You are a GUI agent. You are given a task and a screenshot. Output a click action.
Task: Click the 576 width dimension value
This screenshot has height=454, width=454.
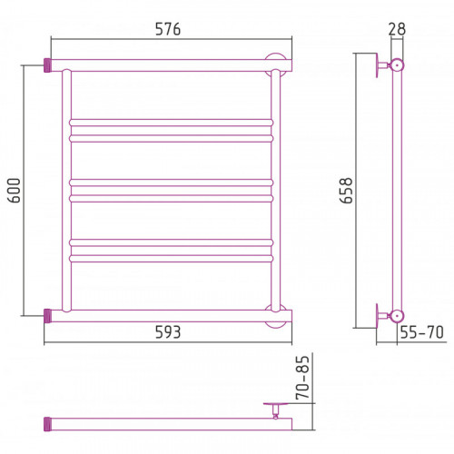point(168,29)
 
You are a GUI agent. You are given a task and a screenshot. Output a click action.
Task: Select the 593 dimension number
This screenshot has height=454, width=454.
point(168,332)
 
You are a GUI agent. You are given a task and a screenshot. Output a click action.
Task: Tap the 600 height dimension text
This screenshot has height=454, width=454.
point(15,191)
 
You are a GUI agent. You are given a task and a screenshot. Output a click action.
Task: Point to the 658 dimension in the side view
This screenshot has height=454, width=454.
point(346,191)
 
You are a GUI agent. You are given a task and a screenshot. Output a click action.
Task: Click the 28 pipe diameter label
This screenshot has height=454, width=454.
point(397,29)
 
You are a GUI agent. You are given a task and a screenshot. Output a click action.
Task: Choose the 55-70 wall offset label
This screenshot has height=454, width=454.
point(421,332)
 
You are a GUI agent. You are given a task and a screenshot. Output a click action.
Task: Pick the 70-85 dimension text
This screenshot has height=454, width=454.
point(303,377)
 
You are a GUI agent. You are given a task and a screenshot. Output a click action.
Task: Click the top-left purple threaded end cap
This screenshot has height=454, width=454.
point(47,65)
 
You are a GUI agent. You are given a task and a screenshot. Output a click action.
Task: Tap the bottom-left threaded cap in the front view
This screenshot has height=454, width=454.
point(47,316)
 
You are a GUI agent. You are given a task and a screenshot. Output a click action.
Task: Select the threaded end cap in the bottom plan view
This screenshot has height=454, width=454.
point(47,424)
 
